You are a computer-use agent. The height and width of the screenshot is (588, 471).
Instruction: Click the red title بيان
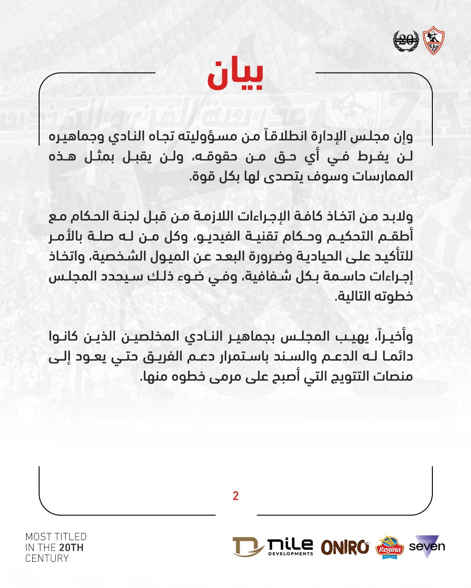point(235,75)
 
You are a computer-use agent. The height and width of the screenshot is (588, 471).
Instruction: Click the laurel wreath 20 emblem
point(406,40)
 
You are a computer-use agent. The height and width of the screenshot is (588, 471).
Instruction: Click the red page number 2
point(235,496)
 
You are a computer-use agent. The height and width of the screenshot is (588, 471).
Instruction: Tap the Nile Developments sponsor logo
point(273,547)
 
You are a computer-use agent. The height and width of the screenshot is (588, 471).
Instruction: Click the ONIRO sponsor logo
point(345,547)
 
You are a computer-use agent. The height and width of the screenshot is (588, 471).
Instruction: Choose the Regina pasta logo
point(390,548)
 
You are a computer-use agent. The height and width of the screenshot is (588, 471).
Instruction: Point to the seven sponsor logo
point(427,547)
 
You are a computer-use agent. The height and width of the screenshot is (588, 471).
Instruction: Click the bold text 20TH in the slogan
point(71,548)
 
